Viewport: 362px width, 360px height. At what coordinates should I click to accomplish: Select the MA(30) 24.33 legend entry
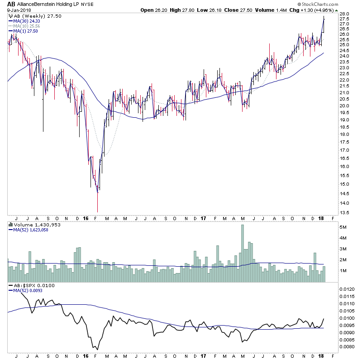point(25,20)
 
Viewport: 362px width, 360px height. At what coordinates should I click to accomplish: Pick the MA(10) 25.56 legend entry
point(25,25)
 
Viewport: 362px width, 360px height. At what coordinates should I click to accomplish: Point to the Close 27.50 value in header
point(236,10)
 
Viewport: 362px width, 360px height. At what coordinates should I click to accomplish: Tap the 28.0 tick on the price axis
point(344,14)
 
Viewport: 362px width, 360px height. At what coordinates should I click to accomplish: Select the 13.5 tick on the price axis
point(344,212)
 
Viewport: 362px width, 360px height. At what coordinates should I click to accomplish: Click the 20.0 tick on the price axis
point(344,106)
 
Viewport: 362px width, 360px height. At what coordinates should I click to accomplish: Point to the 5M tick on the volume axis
point(343,227)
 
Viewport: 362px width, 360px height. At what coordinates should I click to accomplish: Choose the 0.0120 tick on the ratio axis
point(348,288)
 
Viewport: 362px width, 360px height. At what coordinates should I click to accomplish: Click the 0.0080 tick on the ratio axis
point(348,347)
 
